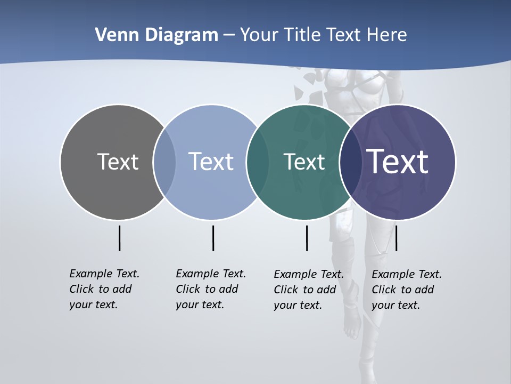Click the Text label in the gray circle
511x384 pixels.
pos(118,162)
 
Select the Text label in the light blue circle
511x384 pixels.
pos(211,162)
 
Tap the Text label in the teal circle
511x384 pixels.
pos(304,162)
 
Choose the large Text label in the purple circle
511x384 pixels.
pos(398,162)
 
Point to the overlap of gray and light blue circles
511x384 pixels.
pos(164,162)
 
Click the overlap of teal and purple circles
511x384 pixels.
pos(349,162)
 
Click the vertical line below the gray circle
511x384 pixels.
pos(119,238)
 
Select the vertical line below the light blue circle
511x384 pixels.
pos(213,238)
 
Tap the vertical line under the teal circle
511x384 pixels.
pos(307,238)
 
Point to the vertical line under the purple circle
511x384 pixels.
pos(396,238)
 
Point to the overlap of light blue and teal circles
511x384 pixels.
pos(257,162)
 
